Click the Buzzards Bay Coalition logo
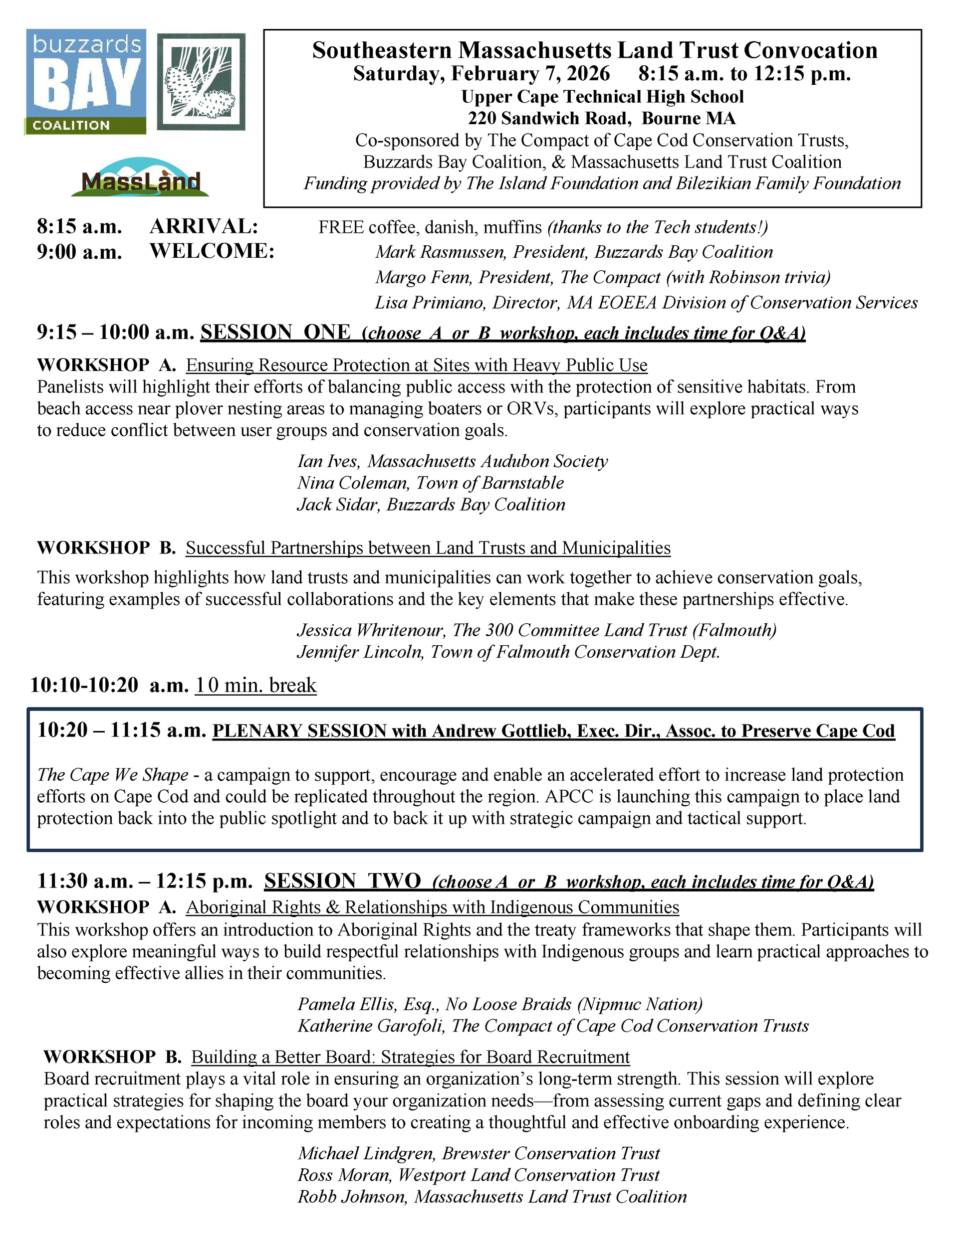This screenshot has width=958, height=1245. coord(85,82)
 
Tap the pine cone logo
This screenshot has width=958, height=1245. coord(201,82)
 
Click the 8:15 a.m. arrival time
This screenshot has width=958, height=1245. coord(79,227)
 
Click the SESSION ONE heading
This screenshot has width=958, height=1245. coord(275,332)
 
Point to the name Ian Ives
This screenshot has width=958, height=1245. coord(328,461)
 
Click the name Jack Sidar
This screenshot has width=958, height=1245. coord(338,504)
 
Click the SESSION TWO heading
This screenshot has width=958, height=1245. coord(342,881)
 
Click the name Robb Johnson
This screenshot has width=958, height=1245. coord(352,1196)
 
